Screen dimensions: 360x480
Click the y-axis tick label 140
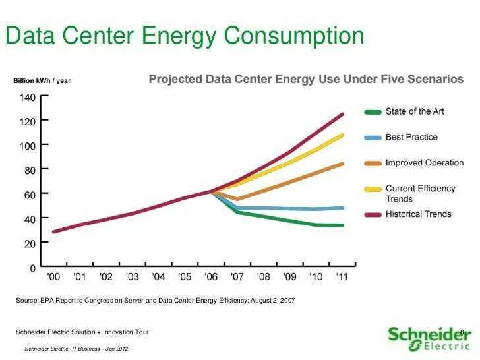coord(26,97)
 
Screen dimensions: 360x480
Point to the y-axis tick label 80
coord(29,170)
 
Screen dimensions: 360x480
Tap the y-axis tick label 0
coord(32,268)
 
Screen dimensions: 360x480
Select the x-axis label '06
coord(211,278)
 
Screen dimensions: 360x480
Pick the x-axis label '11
coord(342,278)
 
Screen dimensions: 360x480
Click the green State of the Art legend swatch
coord(373,112)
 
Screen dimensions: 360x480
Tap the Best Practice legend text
coord(411,137)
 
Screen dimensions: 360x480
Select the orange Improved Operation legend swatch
coord(373,163)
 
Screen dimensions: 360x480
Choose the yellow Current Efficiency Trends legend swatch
coord(373,189)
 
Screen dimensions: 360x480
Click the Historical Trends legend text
coord(418,214)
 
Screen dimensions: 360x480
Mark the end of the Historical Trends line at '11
coord(343,114)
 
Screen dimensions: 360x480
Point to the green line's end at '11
coord(343,225)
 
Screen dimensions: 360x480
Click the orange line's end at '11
coord(343,164)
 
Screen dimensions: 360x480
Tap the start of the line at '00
coord(53,231)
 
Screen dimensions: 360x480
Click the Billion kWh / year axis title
coord(42,81)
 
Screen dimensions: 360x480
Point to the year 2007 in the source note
coord(287,301)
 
